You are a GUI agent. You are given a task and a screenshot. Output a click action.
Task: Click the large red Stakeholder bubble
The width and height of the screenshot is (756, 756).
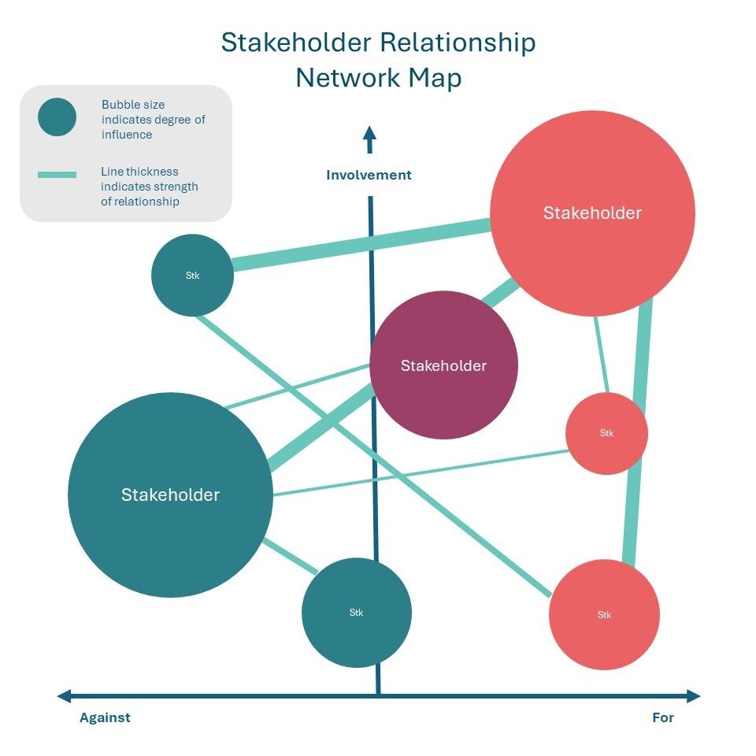tap(592, 213)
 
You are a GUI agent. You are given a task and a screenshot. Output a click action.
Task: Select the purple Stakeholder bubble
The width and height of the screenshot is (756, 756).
tap(443, 365)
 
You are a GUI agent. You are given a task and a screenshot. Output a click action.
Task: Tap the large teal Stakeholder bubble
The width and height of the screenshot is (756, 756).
tap(170, 495)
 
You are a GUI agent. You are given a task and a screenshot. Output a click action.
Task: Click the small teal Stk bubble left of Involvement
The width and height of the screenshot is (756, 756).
tap(192, 276)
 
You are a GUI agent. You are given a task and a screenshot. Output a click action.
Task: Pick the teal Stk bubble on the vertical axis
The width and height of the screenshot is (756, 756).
tap(357, 613)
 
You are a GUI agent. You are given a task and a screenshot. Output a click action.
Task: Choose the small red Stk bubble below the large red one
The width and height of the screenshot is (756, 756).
tap(606, 433)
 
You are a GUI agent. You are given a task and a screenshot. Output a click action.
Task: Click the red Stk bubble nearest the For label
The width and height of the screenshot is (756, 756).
tap(604, 614)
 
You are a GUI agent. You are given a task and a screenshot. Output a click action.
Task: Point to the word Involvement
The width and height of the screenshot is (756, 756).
tap(369, 175)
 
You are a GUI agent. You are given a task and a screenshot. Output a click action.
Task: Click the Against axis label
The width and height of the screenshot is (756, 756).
tap(105, 717)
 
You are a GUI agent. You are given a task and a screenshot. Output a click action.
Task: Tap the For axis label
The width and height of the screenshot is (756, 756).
tap(663, 717)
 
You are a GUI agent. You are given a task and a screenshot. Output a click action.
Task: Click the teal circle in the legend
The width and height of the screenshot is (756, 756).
tap(57, 117)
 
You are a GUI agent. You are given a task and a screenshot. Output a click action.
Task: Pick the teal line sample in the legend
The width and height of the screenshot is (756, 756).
tap(57, 175)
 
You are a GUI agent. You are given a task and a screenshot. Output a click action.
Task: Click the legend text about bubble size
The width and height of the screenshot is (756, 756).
tap(153, 119)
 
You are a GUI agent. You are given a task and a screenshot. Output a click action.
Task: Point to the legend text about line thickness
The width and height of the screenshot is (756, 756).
tap(149, 187)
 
